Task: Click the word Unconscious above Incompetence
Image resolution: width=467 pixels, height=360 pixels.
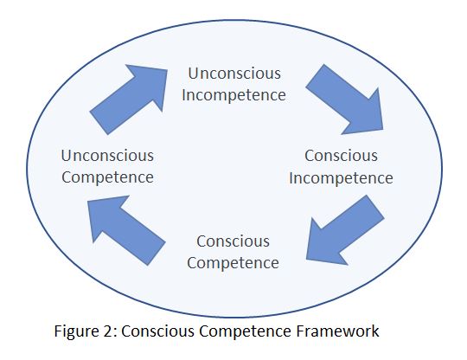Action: [234, 74]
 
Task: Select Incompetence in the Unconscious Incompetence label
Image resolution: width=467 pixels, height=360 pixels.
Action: [233, 95]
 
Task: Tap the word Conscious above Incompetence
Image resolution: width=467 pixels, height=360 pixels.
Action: [341, 156]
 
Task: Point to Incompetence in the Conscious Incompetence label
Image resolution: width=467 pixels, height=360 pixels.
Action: [341, 178]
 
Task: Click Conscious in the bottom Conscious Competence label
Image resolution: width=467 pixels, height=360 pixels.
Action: [233, 241]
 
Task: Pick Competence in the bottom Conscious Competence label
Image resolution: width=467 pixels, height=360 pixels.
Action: [233, 263]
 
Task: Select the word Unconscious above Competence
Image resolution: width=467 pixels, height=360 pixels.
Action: [107, 156]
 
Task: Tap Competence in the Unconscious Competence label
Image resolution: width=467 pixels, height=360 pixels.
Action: [107, 177]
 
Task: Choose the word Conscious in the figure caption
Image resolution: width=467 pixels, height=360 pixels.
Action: [157, 331]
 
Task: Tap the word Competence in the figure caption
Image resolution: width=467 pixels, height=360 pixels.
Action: [245, 331]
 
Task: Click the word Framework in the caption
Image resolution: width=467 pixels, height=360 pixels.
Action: [338, 331]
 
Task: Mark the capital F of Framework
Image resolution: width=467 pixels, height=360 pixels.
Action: [300, 331]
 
